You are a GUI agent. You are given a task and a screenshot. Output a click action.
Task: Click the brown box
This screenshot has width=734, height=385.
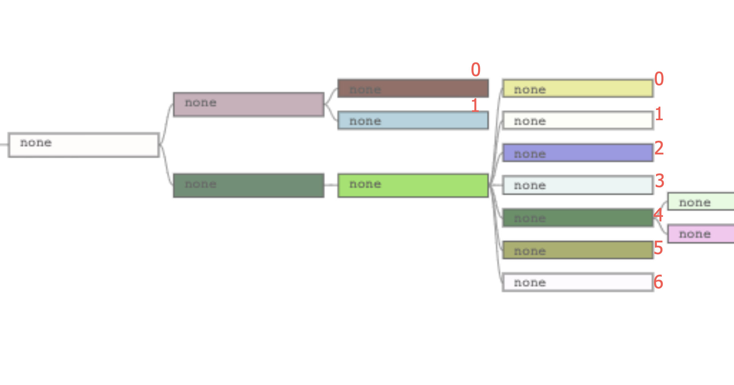tap(413, 88)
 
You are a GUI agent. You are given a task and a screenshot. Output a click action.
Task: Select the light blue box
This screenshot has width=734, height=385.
tap(413, 120)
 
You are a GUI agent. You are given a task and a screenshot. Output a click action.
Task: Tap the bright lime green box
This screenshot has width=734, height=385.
tap(413, 185)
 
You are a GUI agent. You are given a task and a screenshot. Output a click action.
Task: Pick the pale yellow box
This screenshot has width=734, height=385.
tap(578, 88)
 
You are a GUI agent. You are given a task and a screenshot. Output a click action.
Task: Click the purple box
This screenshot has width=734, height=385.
tap(578, 153)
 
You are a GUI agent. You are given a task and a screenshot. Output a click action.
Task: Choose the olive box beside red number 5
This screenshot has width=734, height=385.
tap(578, 250)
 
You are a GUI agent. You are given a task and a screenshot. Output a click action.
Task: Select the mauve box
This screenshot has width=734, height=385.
tap(249, 104)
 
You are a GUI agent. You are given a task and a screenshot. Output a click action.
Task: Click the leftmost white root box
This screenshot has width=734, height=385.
tap(84, 145)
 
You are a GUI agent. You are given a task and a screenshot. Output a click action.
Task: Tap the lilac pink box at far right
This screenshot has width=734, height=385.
tap(701, 234)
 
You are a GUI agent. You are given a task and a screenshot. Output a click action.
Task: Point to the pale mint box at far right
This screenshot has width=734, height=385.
tap(701, 201)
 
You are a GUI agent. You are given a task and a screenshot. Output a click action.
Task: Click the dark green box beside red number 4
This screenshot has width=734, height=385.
tap(578, 218)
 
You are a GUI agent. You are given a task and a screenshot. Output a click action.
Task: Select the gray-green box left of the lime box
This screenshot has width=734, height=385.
tap(249, 185)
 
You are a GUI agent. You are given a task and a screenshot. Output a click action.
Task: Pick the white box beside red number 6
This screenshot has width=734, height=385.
tap(578, 282)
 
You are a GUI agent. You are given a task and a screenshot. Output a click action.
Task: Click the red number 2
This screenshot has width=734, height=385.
tap(659, 148)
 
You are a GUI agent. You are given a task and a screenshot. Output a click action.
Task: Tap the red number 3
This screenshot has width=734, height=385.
tap(659, 181)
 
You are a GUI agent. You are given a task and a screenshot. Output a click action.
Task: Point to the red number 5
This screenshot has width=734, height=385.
tap(658, 248)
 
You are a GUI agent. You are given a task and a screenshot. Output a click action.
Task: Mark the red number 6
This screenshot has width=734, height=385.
tap(658, 282)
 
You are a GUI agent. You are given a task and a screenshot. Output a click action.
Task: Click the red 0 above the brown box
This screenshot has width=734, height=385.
tap(476, 70)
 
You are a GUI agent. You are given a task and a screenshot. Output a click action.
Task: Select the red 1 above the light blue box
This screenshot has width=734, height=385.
tap(475, 105)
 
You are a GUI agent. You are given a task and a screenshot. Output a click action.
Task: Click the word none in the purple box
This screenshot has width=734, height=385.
tap(530, 154)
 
